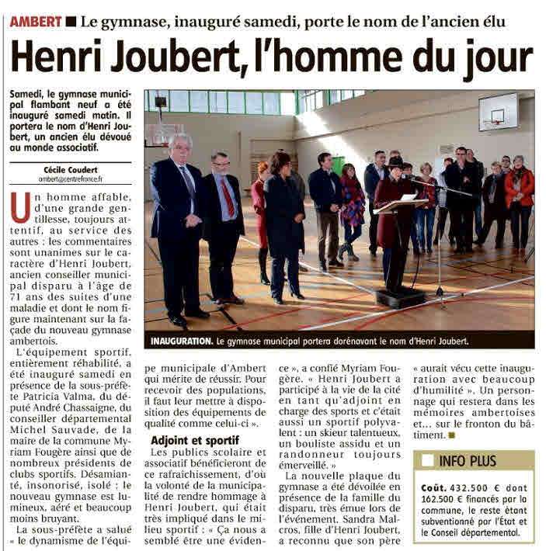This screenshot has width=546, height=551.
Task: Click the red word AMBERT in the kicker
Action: pos(36,22)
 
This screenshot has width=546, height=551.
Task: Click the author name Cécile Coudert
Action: pos(70,168)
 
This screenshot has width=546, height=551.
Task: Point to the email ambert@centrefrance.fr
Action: pos(70,178)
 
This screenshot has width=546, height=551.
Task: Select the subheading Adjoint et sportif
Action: pos(195,439)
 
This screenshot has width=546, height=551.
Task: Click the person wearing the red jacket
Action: pos(519,194)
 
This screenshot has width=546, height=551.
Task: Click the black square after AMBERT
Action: pos(71,22)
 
